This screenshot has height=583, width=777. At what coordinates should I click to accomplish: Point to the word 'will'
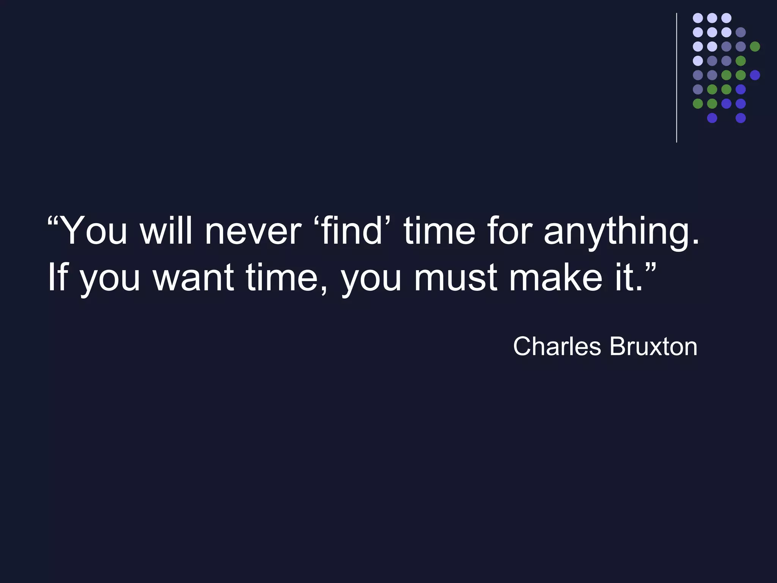point(166,231)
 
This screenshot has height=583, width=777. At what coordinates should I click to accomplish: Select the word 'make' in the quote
point(555,278)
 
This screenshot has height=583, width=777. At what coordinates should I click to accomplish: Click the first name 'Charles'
point(557,347)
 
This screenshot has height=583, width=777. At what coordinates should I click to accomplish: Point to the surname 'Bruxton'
point(653,347)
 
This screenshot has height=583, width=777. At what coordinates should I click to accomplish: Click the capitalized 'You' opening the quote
point(93,231)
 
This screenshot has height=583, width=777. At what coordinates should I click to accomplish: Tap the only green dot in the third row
point(755,47)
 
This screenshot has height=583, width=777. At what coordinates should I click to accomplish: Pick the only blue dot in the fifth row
point(755,75)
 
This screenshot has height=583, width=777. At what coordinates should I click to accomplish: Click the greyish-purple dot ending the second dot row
point(741,32)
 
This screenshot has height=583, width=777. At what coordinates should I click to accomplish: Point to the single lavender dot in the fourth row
point(698,61)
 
